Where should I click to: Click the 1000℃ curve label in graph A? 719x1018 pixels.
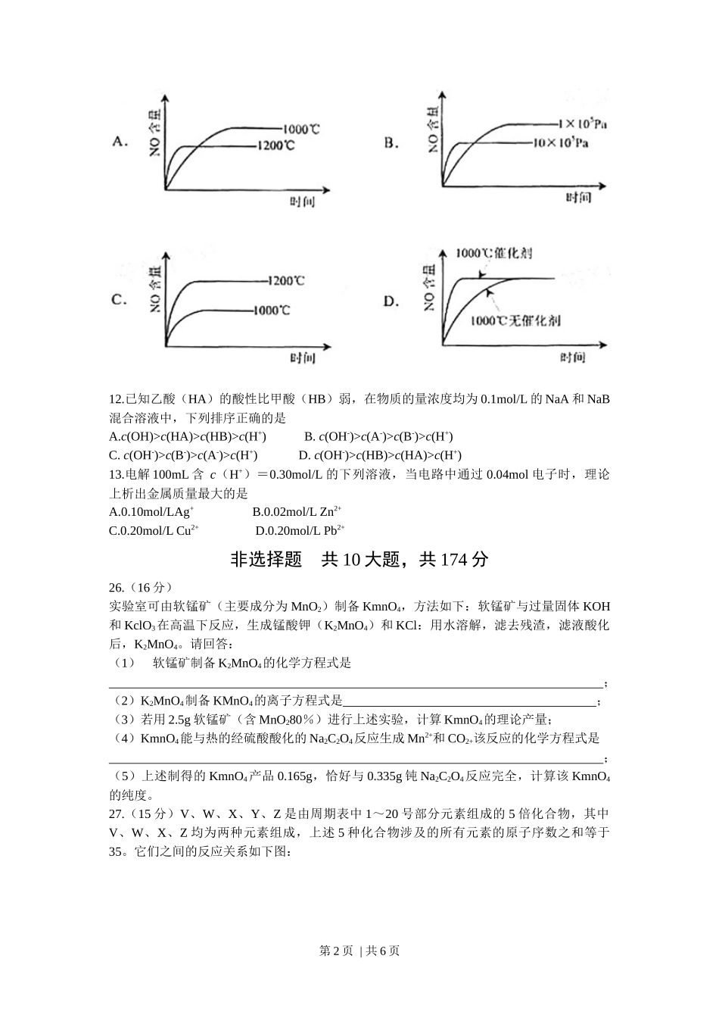click(x=301, y=129)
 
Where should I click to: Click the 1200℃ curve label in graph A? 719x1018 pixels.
click(x=275, y=145)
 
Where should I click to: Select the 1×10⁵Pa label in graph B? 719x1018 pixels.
click(x=582, y=123)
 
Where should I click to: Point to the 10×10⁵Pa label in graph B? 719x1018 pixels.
click(x=561, y=142)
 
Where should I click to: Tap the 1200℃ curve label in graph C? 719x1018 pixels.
click(x=286, y=281)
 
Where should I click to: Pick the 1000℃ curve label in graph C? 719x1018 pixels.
click(x=272, y=310)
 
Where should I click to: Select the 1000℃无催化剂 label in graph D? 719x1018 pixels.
click(x=515, y=320)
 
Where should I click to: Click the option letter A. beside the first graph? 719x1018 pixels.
click(x=119, y=141)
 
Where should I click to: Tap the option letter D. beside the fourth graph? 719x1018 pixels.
click(x=391, y=301)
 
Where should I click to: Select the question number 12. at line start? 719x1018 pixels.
click(x=117, y=399)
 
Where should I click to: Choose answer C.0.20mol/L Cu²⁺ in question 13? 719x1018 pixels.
click(x=154, y=531)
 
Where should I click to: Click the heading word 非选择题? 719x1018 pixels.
click(x=266, y=560)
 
